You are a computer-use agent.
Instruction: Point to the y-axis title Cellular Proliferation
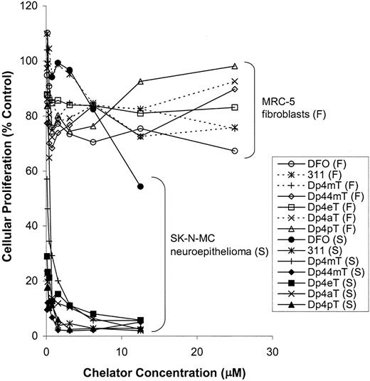[x=10, y=171]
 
